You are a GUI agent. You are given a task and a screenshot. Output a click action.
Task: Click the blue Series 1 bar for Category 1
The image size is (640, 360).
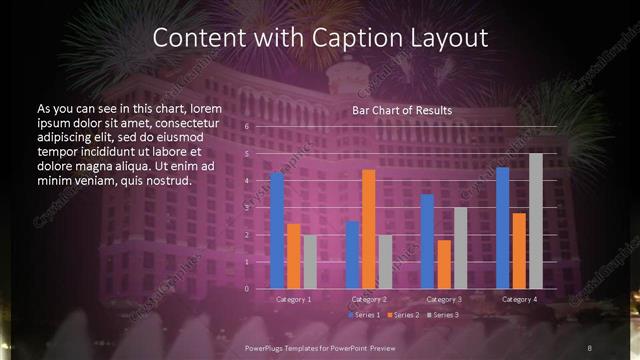tap(277, 230)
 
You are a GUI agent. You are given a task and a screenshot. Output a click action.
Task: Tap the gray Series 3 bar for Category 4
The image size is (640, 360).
tap(536, 221)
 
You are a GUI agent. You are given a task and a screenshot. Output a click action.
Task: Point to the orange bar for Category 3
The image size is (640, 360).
tap(444, 264)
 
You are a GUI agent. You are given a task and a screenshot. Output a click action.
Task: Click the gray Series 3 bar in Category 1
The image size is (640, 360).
tap(310, 261)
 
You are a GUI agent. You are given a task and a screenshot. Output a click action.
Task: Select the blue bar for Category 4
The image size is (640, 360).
tap(502, 227)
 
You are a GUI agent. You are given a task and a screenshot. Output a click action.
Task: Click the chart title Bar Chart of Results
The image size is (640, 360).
tap(402, 110)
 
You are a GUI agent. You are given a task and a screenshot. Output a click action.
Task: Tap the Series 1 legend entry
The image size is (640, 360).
tap(364, 315)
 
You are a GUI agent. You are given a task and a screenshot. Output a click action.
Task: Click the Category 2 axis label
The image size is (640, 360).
tap(369, 299)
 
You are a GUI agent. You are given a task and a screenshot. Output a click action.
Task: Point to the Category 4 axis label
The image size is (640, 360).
tap(519, 299)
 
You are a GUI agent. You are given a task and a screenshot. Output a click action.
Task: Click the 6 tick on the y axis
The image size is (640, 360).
tap(246, 127)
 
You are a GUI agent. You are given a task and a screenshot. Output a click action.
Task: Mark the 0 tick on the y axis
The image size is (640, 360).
tap(246, 288)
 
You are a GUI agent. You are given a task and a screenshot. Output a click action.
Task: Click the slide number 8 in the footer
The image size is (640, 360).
tap(590, 347)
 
